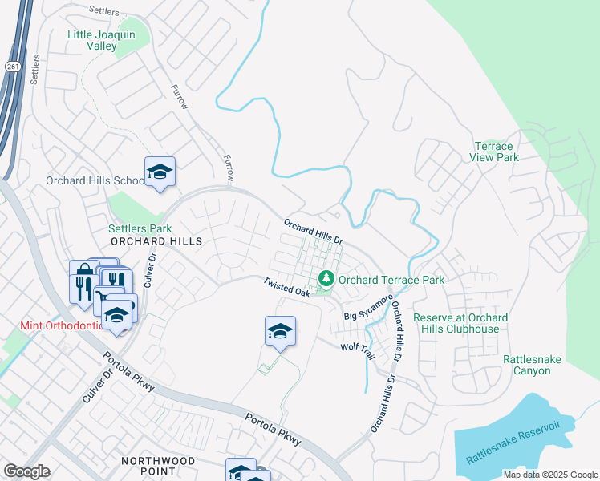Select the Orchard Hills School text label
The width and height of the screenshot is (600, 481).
(95, 180)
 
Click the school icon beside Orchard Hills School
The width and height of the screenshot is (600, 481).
(160, 172)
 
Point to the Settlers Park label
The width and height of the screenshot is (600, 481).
(140, 228)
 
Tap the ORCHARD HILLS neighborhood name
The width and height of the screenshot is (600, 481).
(144, 240)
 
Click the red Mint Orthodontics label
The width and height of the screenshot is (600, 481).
(61, 326)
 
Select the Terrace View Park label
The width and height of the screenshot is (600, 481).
(497, 152)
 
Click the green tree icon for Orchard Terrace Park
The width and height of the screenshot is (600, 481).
(326, 279)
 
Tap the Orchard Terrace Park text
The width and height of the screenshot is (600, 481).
(391, 280)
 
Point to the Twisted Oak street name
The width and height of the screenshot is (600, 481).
(287, 288)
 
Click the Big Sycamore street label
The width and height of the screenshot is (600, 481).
(369, 309)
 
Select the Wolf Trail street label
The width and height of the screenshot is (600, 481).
(358, 346)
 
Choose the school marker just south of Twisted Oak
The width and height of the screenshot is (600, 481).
(280, 331)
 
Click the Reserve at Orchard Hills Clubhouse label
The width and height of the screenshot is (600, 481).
(460, 324)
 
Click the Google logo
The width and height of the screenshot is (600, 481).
(26, 471)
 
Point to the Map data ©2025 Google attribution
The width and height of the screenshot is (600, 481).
(549, 475)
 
